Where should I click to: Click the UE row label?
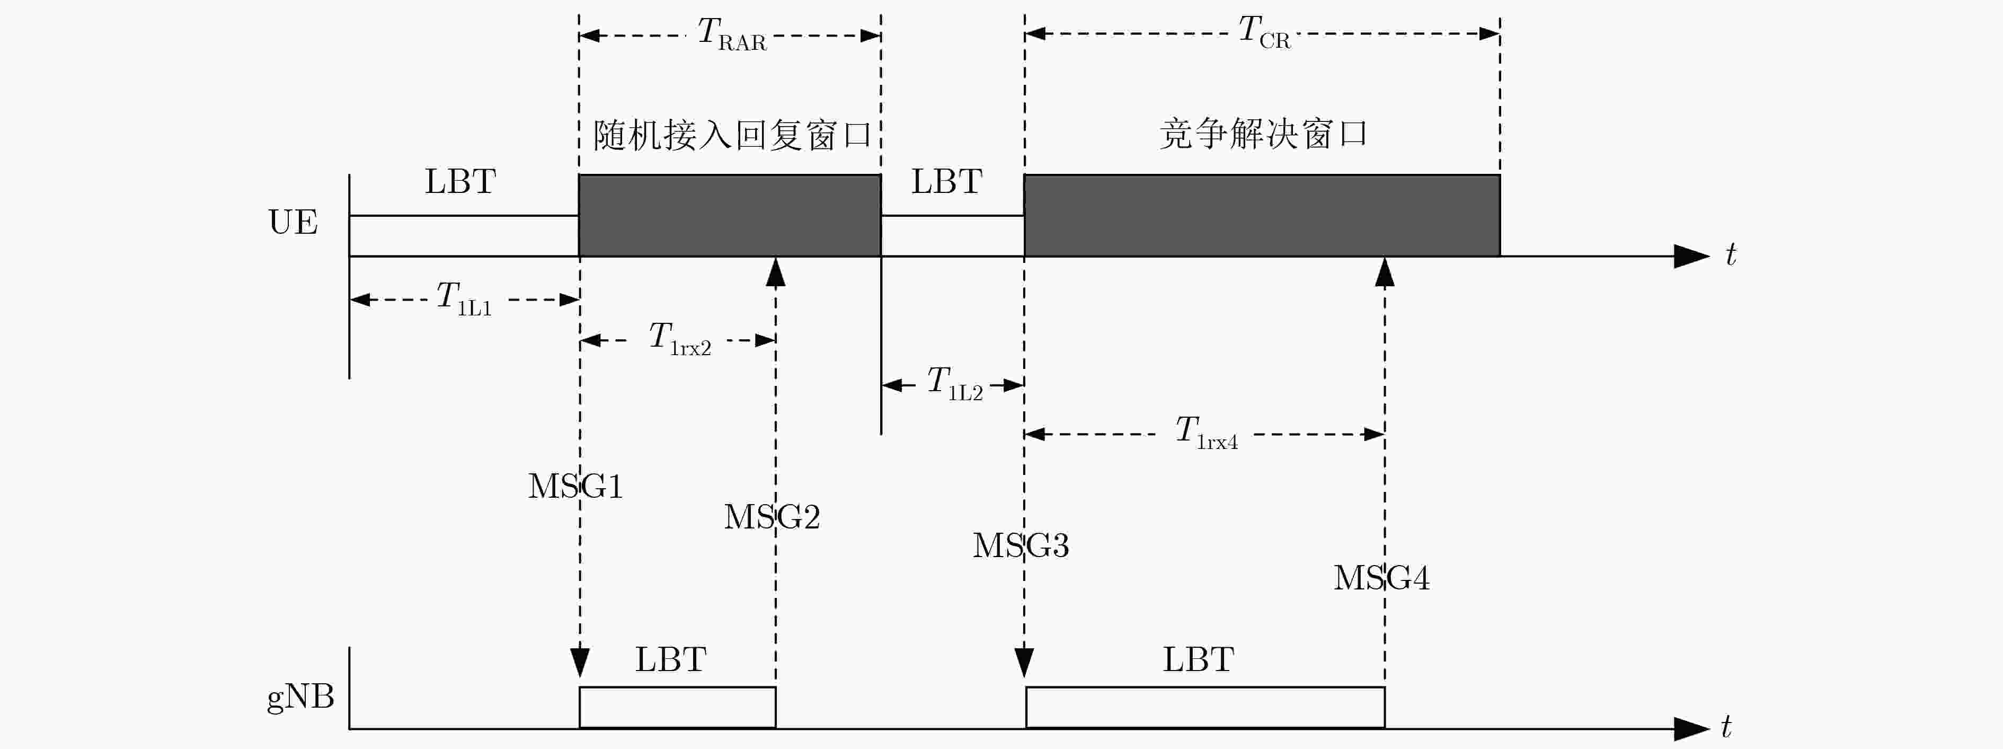pos(293,223)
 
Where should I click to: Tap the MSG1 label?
pos(575,487)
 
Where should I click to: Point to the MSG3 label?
pos(1021,546)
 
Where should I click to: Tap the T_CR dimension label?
pos(1264,33)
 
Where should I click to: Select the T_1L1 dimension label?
pos(464,298)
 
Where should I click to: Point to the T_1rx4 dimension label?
pos(1206,433)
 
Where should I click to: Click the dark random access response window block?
pos(729,215)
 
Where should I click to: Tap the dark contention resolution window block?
pos(1262,215)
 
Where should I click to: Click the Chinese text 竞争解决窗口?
pos(1264,134)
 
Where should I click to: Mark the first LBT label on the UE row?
pos(460,182)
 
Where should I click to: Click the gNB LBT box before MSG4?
pos(1205,708)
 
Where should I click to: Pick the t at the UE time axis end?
pos(1731,254)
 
